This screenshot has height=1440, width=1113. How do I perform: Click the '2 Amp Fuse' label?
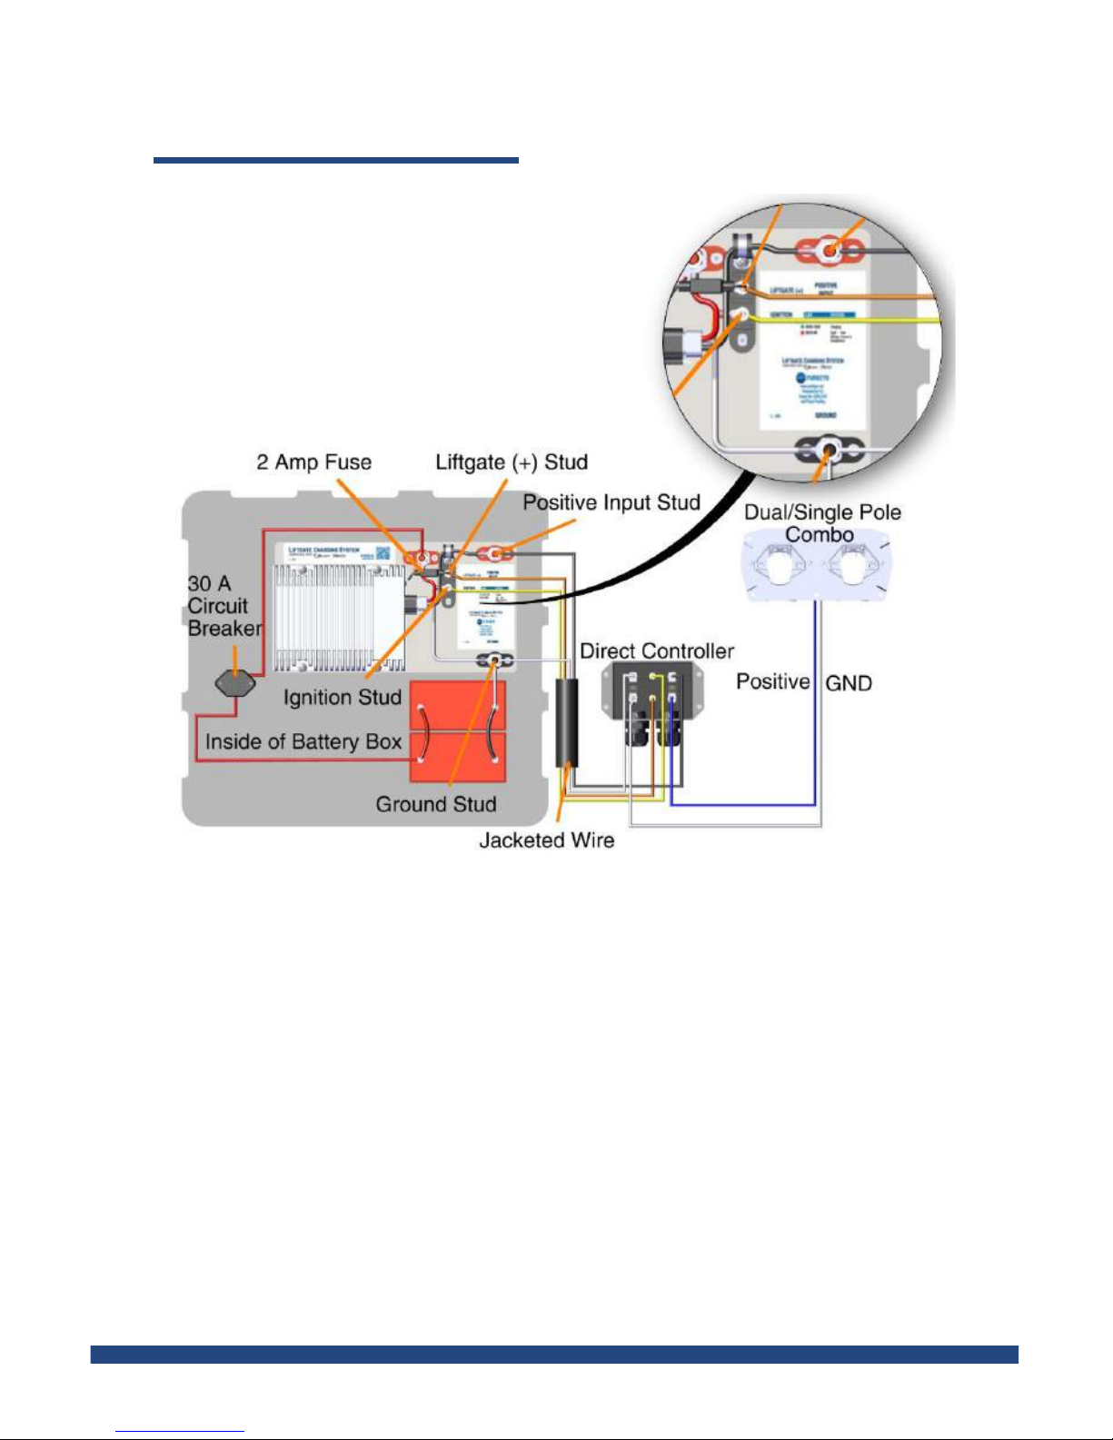tap(313, 462)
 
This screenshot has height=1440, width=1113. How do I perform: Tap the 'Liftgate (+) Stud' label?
tap(512, 462)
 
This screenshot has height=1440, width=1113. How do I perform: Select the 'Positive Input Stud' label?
tap(611, 502)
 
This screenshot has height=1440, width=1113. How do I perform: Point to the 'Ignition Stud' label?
tap(342, 697)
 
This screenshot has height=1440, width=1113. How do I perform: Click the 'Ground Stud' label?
tap(436, 804)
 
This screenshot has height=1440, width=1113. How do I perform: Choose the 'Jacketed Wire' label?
tap(546, 840)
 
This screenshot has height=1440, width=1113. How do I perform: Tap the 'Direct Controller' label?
tap(657, 650)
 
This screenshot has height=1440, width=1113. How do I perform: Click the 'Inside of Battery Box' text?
tap(303, 741)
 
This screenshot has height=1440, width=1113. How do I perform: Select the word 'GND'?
tap(849, 683)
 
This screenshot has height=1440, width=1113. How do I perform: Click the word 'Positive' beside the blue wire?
tap(772, 681)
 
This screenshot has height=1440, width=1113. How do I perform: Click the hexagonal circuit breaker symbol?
tap(234, 683)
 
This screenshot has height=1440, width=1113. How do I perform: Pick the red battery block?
tap(458, 731)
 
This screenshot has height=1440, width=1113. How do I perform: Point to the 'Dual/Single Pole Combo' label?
tap(822, 522)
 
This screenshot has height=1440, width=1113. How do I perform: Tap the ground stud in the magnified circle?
tap(829, 449)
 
